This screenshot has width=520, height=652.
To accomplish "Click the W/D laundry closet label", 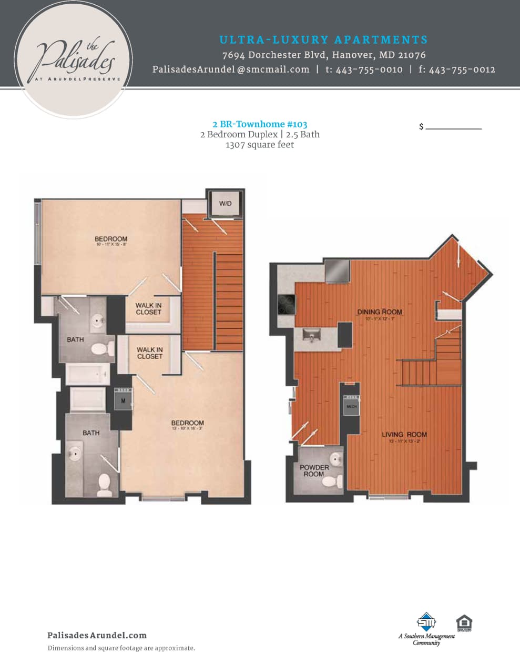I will click(x=225, y=204).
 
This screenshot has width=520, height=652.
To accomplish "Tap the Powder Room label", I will click(x=314, y=470).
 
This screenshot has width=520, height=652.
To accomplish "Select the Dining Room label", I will click(x=379, y=312).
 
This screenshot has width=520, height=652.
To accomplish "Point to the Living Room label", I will click(x=404, y=435).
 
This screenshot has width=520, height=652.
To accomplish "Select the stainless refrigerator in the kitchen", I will click(x=337, y=271).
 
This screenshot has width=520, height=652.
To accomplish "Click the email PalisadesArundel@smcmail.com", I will click(x=231, y=69).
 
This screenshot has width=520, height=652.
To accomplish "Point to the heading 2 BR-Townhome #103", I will click(x=260, y=124).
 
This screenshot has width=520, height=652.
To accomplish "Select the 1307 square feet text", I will click(x=260, y=145).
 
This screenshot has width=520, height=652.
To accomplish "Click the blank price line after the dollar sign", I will click(x=454, y=126).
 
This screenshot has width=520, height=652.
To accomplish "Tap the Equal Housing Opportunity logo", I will click(x=464, y=624).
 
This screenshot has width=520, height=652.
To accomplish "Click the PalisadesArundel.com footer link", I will click(x=97, y=635).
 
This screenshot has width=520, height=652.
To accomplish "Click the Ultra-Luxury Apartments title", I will click(x=323, y=39).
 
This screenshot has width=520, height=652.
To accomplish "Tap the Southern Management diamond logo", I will click(x=426, y=621).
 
